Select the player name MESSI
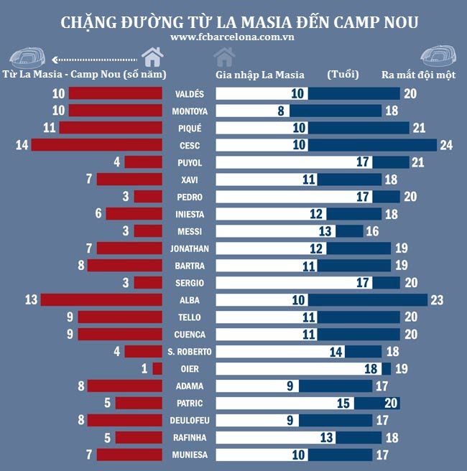[x=189, y=231]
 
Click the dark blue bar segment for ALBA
[x=368, y=299]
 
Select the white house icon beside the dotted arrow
[x=152, y=57]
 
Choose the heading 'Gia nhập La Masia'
[x=259, y=74]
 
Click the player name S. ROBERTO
[x=189, y=351]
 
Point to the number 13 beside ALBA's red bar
[x=31, y=299]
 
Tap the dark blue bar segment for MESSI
[x=349, y=231]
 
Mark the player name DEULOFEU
[x=189, y=420]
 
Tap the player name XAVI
[x=189, y=179]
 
